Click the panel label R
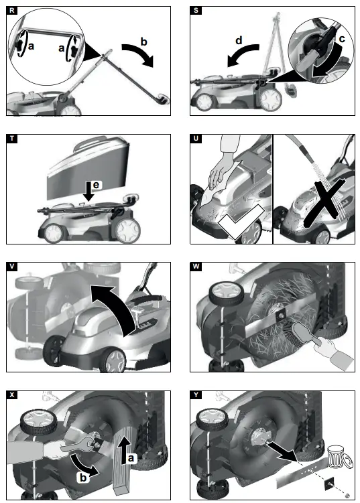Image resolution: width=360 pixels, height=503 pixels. pyautogui.click(x=12, y=11)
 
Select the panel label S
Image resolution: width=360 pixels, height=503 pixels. pyautogui.click(x=195, y=11)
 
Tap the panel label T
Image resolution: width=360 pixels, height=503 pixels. pyautogui.click(x=12, y=139)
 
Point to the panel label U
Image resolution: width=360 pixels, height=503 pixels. pyautogui.click(x=195, y=139)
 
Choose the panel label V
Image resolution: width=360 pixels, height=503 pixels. pyautogui.click(x=12, y=266)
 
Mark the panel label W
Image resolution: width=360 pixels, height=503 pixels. pyautogui.click(x=195, y=266)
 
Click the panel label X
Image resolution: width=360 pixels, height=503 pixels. pyautogui.click(x=12, y=394)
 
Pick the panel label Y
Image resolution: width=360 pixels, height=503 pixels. pyautogui.click(x=195, y=394)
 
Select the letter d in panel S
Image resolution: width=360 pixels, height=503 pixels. pyautogui.click(x=239, y=42)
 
